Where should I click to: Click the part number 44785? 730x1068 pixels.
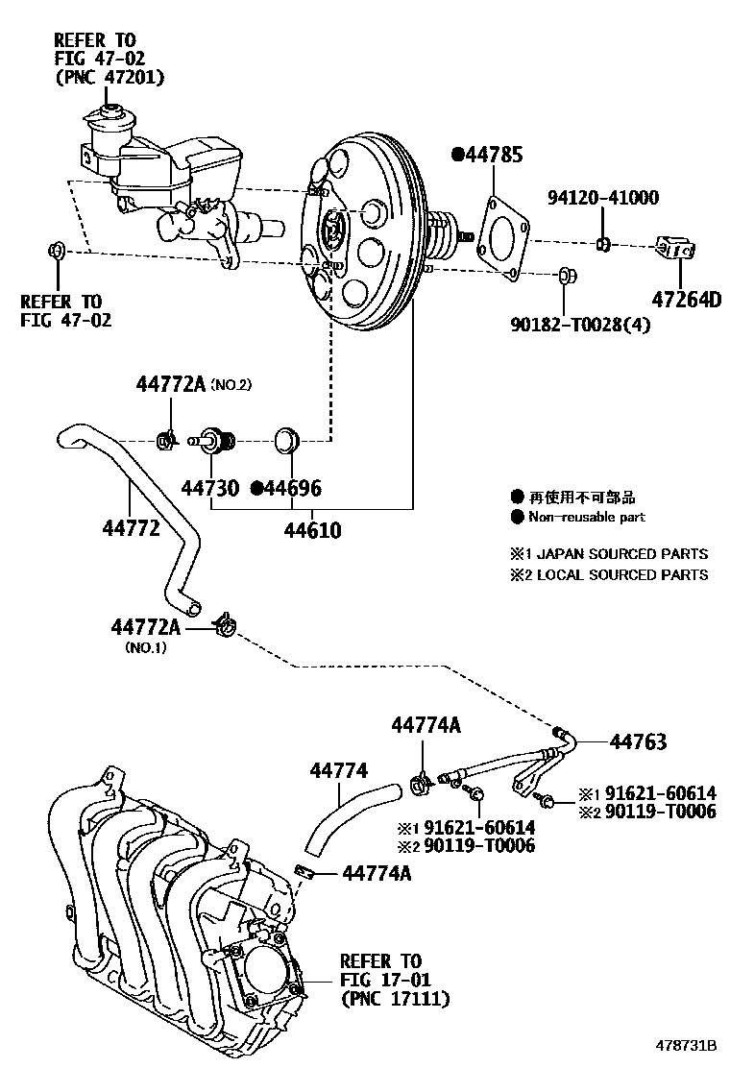[x=495, y=155]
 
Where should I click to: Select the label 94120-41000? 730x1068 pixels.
[x=603, y=199]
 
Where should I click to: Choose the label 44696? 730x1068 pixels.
[x=292, y=488]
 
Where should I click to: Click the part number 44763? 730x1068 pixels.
[x=638, y=741]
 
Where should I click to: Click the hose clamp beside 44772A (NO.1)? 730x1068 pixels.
[x=227, y=626]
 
